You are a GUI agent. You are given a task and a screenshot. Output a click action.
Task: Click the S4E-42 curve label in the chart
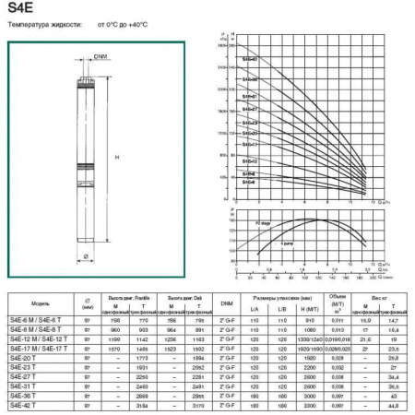(249, 59)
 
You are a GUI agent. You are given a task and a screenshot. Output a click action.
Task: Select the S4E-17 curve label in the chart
(249, 145)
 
